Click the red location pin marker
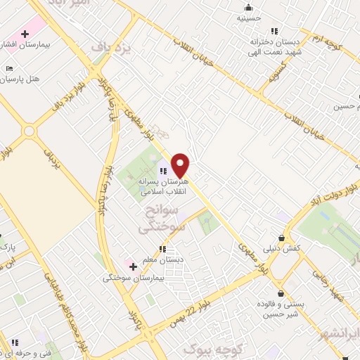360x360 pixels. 181,165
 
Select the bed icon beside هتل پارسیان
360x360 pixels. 8,68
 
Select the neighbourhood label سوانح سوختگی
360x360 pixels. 161,220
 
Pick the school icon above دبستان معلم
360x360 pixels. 162,249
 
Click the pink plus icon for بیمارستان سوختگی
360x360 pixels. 132,266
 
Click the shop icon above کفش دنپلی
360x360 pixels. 282,238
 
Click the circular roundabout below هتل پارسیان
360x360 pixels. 29,131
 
